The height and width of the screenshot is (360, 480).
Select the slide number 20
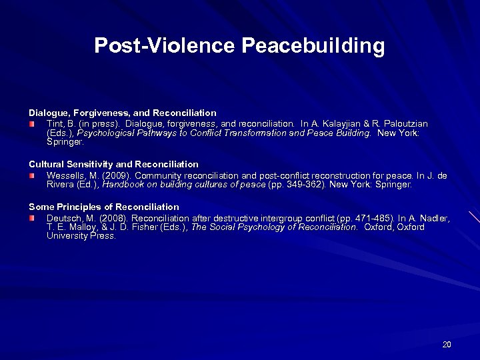(447, 344)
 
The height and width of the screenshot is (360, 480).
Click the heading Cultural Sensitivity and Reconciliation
(113, 164)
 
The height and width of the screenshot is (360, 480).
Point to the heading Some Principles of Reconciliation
(104, 207)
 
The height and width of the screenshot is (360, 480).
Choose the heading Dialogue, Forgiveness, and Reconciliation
(122, 113)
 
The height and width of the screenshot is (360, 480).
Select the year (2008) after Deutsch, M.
(111, 218)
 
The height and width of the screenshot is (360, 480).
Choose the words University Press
(81, 235)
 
